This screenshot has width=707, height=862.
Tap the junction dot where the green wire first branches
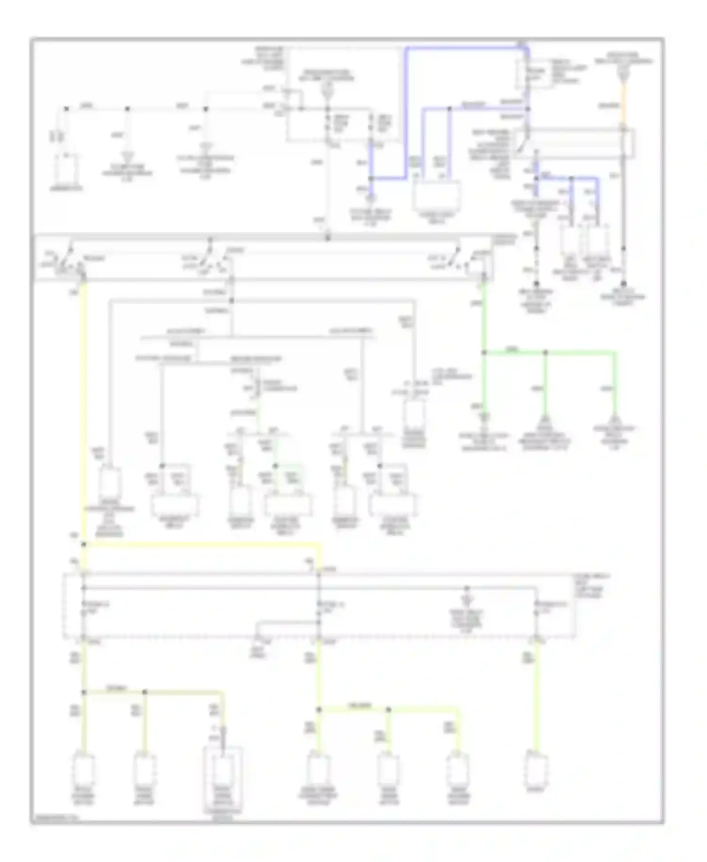point(484,353)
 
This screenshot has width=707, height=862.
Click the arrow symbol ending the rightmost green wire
point(614,419)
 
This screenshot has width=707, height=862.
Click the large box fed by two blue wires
point(436,196)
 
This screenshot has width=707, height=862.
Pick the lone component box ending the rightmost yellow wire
point(537,771)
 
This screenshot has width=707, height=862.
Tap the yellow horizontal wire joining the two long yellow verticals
point(203,545)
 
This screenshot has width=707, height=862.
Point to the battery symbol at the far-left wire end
point(66,170)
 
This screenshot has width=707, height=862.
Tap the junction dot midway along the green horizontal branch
point(545,353)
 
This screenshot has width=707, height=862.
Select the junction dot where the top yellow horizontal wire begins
point(84,545)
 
